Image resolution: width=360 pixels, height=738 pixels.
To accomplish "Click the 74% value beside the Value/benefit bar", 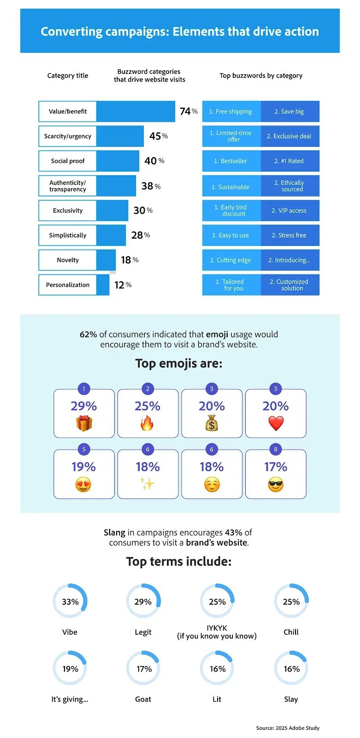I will [188, 111].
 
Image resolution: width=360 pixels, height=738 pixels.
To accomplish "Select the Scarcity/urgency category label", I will [68, 136].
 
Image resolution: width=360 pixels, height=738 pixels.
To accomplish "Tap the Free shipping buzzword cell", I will [231, 112].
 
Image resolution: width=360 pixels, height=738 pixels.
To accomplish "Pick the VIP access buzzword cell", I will [289, 210].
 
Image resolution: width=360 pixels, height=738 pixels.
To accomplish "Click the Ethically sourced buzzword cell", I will [289, 186].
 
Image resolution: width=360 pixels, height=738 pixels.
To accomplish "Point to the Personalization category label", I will [68, 285].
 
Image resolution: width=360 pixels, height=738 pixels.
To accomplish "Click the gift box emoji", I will [84, 423].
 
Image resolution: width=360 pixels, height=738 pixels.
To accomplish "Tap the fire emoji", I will [148, 423].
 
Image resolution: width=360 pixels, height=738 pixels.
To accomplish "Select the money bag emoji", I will [212, 423].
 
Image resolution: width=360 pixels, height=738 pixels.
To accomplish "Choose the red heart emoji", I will [276, 423].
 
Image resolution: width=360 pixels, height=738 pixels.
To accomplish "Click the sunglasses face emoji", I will [276, 485].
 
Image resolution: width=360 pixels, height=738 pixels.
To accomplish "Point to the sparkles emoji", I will [148, 484].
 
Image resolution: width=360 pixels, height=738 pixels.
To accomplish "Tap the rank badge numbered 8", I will [276, 449].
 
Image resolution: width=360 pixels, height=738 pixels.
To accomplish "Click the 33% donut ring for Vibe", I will [70, 601].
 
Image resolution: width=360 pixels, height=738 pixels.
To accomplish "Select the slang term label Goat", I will [143, 699].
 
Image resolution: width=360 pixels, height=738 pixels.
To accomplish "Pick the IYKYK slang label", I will [217, 632].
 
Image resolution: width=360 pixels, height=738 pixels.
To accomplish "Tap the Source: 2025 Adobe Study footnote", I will [288, 728].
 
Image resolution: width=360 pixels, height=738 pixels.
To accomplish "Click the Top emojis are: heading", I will [179, 363].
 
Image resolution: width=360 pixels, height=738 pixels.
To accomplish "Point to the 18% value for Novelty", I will [129, 260].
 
